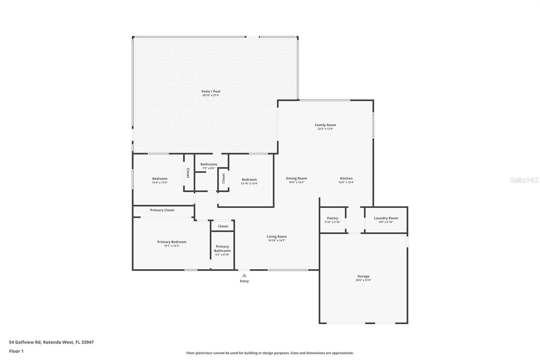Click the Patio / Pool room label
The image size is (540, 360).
[x=211, y=92]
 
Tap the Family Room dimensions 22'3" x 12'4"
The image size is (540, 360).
[x=325, y=129]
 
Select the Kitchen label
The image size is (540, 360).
[x=346, y=178]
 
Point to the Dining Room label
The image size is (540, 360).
[x=297, y=179]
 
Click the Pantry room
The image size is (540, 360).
[x=332, y=220]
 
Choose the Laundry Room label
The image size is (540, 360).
[x=386, y=218]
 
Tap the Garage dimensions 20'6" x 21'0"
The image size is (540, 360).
[x=363, y=280]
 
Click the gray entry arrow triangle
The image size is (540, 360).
[x=244, y=275]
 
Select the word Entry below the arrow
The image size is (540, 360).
[x=244, y=281]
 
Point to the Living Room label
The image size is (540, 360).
[x=277, y=237]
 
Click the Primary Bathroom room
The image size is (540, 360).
[x=222, y=251]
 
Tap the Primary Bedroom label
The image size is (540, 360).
[x=172, y=242]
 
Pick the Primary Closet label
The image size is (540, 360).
[x=162, y=210]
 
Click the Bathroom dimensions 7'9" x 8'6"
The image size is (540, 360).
[x=209, y=168]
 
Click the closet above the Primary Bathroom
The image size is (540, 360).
[x=223, y=226]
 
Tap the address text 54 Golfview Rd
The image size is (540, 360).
[x=25, y=342]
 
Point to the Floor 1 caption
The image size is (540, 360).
[x=16, y=351]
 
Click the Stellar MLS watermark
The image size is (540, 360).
[x=524, y=180]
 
